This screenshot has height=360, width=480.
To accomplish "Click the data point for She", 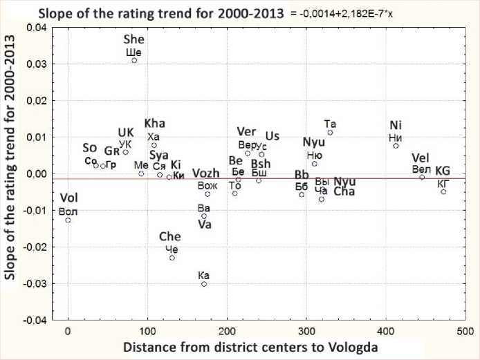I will click(x=134, y=60).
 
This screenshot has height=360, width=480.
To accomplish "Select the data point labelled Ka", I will click(x=204, y=284).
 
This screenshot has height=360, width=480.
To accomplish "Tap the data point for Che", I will click(x=172, y=258).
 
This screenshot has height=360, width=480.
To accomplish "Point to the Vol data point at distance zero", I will click(x=68, y=220).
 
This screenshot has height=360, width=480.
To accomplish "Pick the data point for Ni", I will click(x=396, y=146).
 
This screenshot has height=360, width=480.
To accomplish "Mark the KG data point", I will click(x=443, y=191).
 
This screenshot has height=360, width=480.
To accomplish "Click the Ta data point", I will click(x=330, y=132).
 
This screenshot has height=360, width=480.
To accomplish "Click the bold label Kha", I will click(x=155, y=124).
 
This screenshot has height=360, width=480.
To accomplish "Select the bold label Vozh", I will click(x=206, y=173).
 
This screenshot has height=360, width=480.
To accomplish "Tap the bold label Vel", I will click(x=421, y=158).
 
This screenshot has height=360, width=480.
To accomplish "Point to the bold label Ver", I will click(x=246, y=132).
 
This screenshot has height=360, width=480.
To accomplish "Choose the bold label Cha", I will click(x=344, y=192).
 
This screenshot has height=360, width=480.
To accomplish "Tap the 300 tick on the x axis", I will click(x=306, y=330).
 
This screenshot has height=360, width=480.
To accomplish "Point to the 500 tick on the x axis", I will click(x=465, y=330).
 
